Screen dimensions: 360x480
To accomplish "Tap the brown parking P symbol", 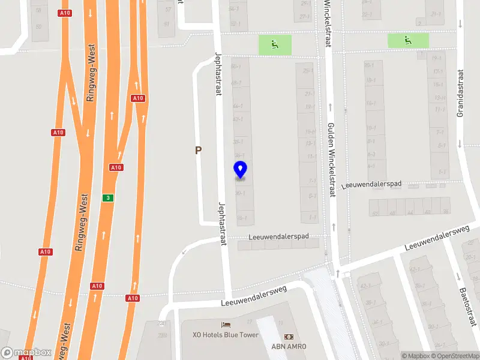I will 198,151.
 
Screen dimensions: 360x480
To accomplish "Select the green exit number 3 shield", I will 107,198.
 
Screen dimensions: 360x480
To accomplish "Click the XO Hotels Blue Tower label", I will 225,335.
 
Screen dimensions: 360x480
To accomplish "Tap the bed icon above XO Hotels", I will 225,325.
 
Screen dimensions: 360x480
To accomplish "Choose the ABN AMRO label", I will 289,347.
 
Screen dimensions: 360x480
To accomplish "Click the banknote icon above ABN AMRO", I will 289,337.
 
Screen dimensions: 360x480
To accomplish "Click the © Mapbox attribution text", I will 416,356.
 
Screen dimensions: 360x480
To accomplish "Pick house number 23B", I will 161,323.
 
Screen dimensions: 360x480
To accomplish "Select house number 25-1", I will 308,71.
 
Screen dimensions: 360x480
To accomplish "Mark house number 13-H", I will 440,98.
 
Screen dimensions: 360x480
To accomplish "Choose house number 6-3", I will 371,154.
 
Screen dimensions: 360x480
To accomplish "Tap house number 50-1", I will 236,65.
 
